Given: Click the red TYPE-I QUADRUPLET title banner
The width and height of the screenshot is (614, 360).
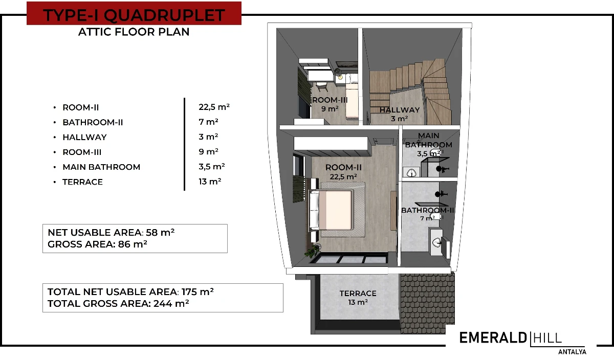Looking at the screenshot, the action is click(134, 13).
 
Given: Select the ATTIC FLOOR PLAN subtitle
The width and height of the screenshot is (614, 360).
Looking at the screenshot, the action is click(134, 32).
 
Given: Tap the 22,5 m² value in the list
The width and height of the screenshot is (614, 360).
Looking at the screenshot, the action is click(214, 106).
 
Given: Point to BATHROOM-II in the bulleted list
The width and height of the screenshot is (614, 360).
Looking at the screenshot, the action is click(93, 122).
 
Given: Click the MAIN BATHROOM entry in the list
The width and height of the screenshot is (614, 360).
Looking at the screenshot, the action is click(101, 167).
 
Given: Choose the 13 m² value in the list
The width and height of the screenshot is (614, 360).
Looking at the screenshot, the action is click(210, 182).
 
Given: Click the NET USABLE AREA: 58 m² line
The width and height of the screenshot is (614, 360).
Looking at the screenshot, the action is click(111, 232).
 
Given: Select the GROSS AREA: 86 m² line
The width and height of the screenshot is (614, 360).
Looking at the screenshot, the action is click(97, 244).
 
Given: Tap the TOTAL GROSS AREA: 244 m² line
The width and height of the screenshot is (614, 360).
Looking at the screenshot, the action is click(118, 304).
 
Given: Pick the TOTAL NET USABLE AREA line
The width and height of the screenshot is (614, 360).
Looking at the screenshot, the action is click(130, 292).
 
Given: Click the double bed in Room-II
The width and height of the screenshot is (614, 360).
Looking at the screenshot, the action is click(332, 210).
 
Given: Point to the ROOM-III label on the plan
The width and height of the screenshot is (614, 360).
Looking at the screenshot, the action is click(330, 100).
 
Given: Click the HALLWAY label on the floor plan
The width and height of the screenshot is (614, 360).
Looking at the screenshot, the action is click(400, 110).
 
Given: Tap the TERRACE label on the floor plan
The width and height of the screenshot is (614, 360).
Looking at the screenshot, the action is click(358, 294).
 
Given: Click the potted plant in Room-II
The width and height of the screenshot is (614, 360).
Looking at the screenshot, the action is click(312, 251).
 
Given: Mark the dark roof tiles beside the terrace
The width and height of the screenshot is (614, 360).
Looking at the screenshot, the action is click(427, 303).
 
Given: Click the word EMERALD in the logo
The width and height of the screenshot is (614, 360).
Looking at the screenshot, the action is click(493, 338).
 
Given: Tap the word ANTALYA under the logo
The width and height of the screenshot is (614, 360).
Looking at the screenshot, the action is click(573, 352).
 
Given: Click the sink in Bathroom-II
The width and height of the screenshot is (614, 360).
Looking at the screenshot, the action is click(436, 242).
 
